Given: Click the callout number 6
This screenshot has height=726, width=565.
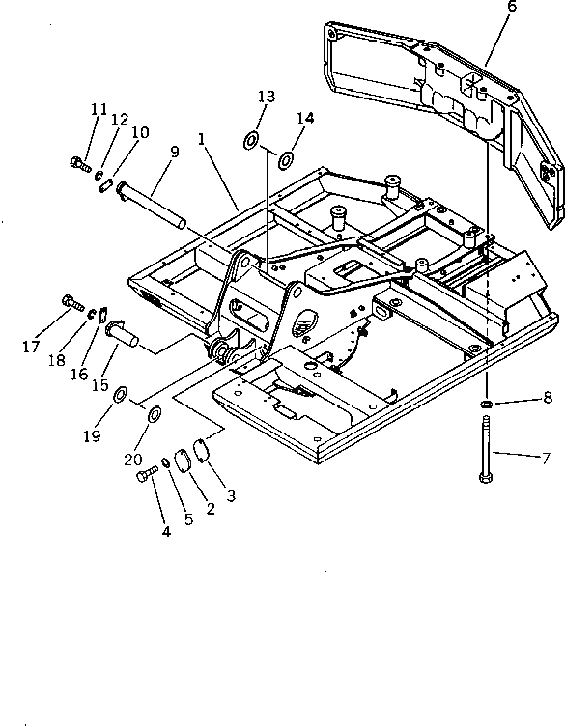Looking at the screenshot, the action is pyautogui.click(x=511, y=6).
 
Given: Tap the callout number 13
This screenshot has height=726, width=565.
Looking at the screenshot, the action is pyautogui.click(x=267, y=97).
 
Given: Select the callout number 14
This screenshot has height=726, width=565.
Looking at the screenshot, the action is pyautogui.click(x=305, y=118).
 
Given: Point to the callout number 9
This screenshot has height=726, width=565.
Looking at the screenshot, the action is pyautogui.click(x=174, y=152).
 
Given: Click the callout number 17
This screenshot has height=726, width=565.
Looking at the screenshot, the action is pyautogui.click(x=31, y=346).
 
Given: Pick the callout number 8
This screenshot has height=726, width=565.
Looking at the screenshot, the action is pyautogui.click(x=548, y=397).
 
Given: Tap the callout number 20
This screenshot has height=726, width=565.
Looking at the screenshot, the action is pyautogui.click(x=133, y=460).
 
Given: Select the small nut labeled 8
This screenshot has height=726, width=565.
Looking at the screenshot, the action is pyautogui.click(x=486, y=405).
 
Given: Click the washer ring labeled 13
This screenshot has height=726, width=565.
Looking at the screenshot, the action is pyautogui.click(x=251, y=140).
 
